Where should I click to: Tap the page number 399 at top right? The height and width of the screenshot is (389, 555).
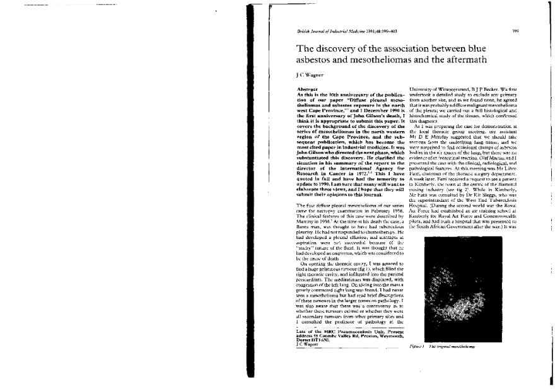pos(515,30)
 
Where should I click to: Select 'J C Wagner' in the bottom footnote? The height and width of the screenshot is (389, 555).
pos(299,345)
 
